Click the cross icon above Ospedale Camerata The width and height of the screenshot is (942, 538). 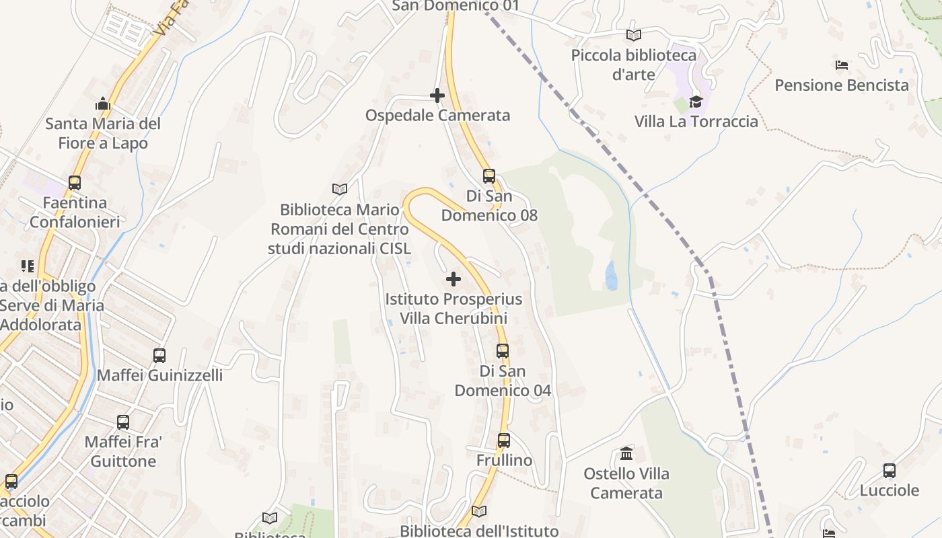[x=437, y=95]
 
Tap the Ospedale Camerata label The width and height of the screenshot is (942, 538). [x=437, y=116]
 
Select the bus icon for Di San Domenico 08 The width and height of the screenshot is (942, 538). [x=489, y=176]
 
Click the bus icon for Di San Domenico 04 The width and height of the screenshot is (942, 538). [x=503, y=350]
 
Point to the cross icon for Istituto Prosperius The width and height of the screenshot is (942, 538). [x=454, y=278]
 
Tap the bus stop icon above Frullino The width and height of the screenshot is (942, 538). [x=504, y=440]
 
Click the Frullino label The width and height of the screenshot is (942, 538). [x=504, y=461]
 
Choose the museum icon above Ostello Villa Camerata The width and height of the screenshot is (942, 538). [x=626, y=453]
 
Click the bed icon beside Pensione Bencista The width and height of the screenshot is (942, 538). [x=841, y=65]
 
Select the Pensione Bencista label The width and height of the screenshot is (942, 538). [x=842, y=85]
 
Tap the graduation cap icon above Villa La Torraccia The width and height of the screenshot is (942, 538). [x=696, y=102]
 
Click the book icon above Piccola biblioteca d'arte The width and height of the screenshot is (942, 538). [x=633, y=35]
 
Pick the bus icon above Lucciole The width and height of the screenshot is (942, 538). [x=890, y=471]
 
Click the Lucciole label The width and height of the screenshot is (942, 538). [x=890, y=491]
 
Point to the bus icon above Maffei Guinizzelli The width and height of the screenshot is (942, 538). [x=159, y=355]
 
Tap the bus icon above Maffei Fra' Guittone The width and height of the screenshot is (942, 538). [x=123, y=422]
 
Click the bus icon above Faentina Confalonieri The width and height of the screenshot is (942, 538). [x=75, y=182]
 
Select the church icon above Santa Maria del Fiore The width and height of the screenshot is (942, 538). [x=103, y=104]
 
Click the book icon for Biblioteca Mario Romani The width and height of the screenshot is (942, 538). [x=340, y=190]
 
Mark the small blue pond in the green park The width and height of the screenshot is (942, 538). [x=611, y=276]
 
